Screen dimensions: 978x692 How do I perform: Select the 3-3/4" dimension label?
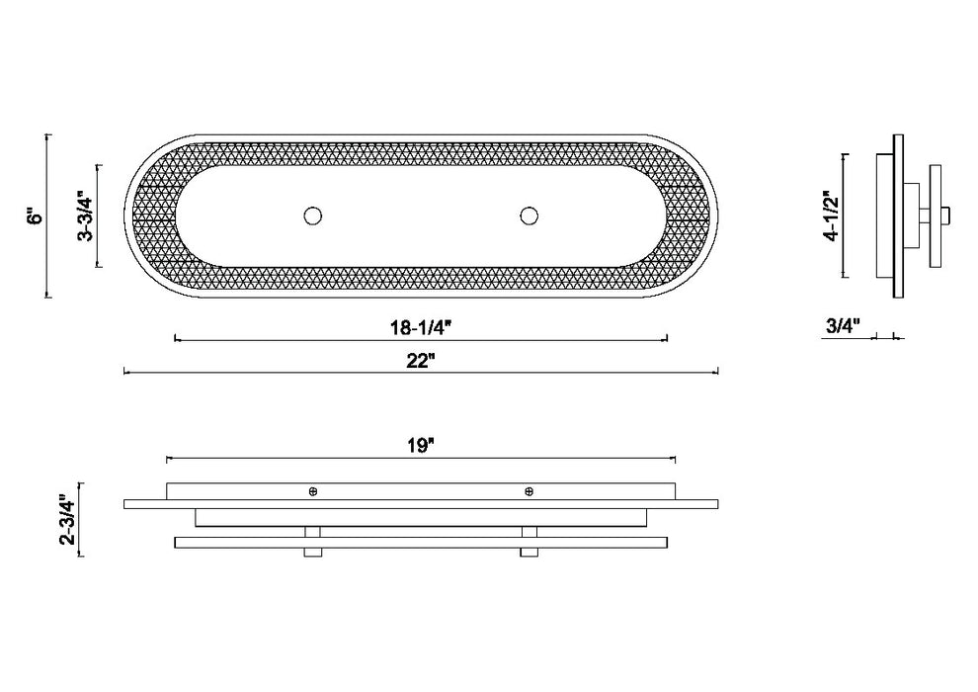[x=85, y=216]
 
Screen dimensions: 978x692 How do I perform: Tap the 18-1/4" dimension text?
[x=421, y=327]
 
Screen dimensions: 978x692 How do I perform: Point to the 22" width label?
[x=421, y=361]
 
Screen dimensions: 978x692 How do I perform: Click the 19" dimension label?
[x=421, y=446]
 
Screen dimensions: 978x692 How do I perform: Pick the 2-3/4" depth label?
[x=68, y=520]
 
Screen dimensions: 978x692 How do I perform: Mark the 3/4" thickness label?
[x=843, y=325]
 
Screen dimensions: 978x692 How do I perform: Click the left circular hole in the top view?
[x=313, y=216]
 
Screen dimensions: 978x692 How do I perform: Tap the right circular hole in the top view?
[x=529, y=216]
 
